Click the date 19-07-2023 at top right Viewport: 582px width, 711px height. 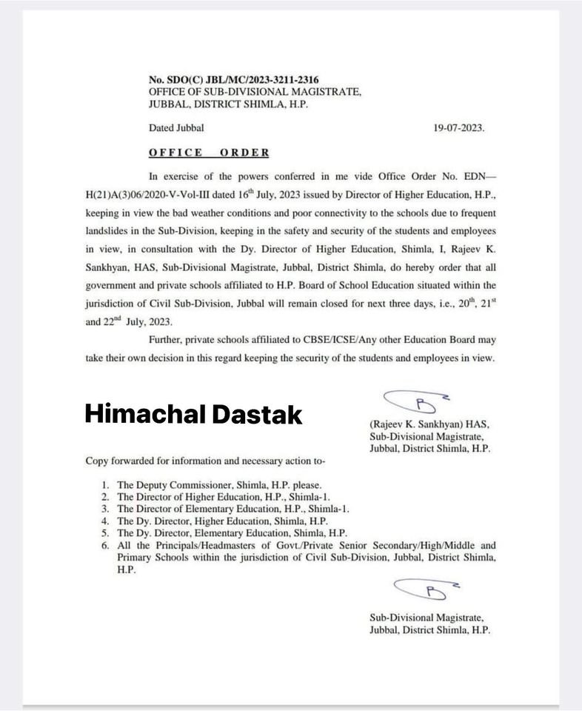459,127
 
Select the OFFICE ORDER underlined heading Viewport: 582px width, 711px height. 209,153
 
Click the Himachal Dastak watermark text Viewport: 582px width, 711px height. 193,414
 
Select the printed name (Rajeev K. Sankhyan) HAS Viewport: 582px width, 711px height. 429,425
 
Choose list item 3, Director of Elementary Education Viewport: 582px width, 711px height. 232,509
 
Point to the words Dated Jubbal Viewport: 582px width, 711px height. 176,127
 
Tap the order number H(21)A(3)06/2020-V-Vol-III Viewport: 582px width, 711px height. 155,196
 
